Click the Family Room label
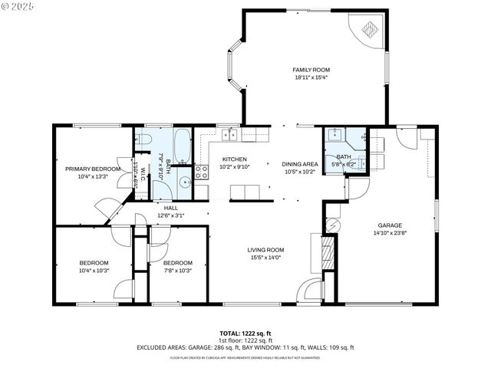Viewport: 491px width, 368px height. [x=311, y=70]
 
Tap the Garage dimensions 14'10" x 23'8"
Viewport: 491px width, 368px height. [x=389, y=233]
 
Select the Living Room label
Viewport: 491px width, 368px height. [x=265, y=250]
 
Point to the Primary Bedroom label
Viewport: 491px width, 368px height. [x=93, y=169]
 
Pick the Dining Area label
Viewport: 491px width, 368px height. [x=299, y=164]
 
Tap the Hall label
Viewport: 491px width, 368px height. [x=170, y=208]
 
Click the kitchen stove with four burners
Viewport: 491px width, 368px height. [x=201, y=171]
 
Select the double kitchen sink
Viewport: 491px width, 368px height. [x=229, y=136]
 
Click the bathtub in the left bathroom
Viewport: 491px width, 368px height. [x=183, y=145]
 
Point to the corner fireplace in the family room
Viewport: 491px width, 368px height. [x=369, y=30]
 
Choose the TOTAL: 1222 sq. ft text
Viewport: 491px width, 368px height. [x=245, y=333]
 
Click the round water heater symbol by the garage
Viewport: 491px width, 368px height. [x=333, y=225]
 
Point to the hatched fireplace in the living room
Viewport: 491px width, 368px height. [x=328, y=252]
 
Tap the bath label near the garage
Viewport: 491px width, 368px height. [x=343, y=156]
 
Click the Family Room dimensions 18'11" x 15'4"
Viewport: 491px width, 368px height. [x=311, y=77]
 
